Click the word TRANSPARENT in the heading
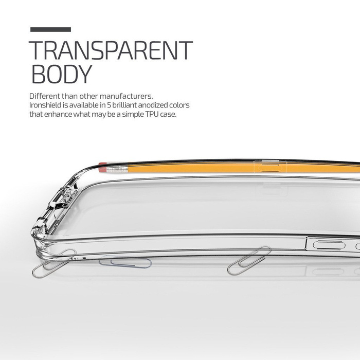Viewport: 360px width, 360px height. coord(111,50)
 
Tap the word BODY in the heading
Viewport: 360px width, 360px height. coord(61,74)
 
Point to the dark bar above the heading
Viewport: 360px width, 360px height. coord(50,30)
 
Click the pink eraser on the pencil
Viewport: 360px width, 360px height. coord(102,167)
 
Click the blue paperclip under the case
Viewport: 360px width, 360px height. coord(125,263)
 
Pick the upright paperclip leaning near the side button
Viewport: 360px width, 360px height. coord(249,260)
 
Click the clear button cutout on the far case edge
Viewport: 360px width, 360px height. coord(267,167)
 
